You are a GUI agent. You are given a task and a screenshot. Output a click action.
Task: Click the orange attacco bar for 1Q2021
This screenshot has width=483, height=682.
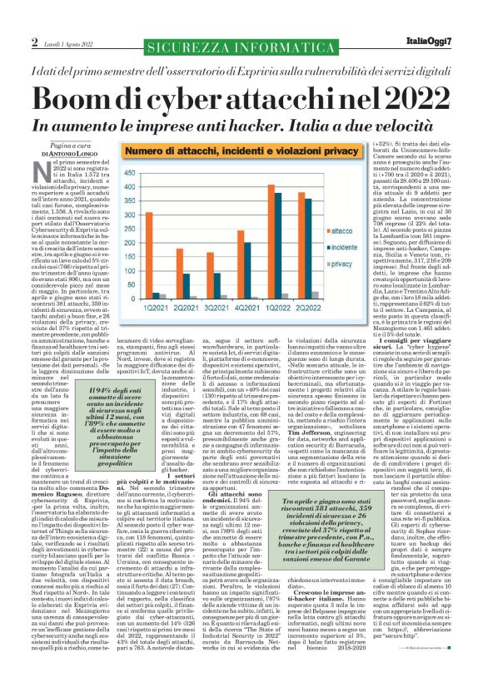coord(149,255)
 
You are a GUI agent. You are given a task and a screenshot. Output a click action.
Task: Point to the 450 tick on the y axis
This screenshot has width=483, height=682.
coord(129,173)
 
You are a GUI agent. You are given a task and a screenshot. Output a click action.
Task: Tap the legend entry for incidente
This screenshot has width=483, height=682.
coord(343,247)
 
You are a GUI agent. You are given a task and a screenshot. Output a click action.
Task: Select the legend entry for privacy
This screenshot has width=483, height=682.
coord(341,264)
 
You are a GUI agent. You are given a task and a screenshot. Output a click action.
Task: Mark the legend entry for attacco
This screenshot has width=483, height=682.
coord(341,230)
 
